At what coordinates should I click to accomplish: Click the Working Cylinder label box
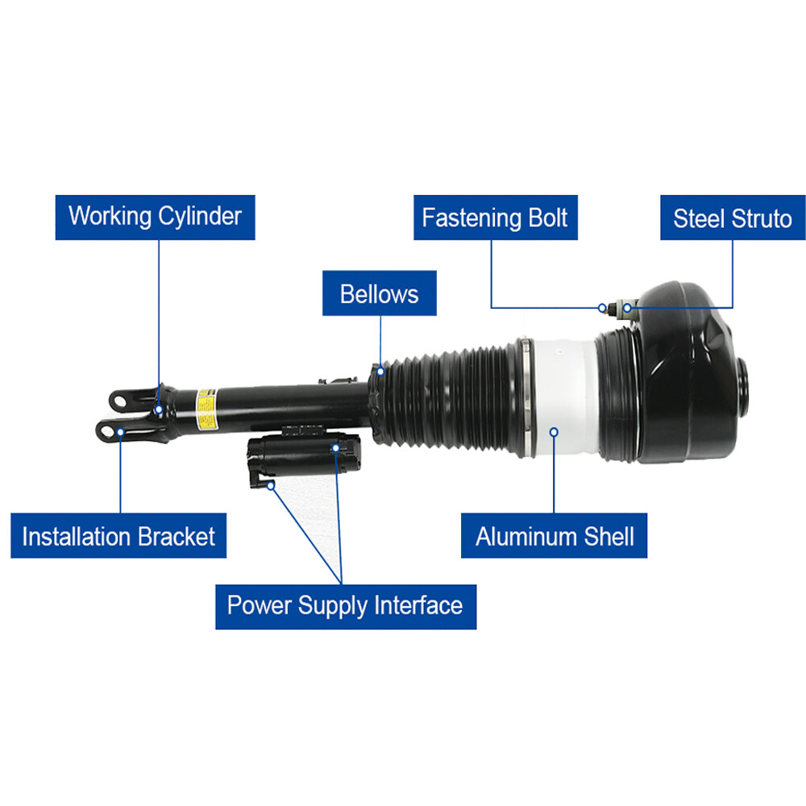156,217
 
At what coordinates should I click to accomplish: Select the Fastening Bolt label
496,217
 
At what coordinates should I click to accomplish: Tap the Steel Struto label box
733,217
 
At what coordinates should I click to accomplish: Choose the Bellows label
380,293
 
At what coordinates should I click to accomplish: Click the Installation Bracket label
118,536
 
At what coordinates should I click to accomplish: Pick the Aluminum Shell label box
555,536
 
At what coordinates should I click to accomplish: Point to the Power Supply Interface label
346,607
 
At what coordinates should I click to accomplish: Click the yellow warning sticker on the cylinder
206,409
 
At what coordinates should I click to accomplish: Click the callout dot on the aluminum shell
554,432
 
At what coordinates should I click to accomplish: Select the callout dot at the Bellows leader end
381,372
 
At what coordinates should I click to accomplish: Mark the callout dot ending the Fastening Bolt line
602,308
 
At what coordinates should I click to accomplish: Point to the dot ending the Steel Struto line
627,308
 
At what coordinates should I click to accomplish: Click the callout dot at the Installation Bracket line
120,432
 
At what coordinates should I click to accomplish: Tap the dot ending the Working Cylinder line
159,409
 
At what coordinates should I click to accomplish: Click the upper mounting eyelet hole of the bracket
118,401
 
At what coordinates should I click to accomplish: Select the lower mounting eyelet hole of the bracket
106,430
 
